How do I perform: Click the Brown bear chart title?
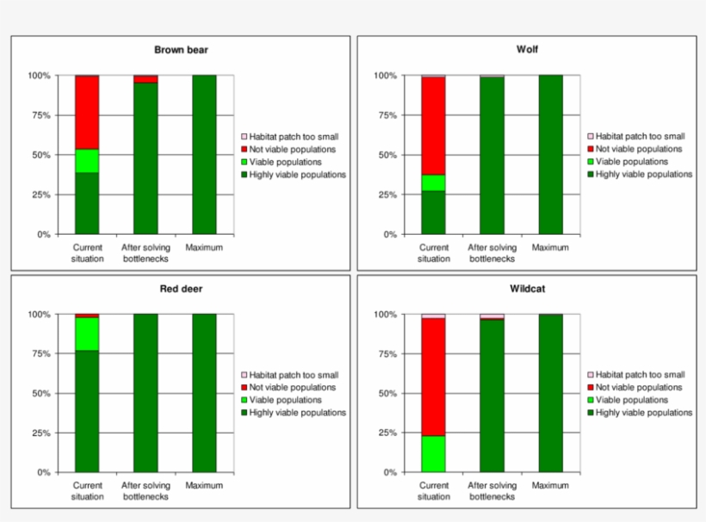(x=181, y=50)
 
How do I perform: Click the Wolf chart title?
(x=527, y=50)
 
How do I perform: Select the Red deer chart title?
(x=181, y=289)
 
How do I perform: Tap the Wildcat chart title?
(x=527, y=289)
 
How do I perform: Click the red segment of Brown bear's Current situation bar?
(x=87, y=112)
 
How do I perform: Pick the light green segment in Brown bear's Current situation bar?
(x=87, y=161)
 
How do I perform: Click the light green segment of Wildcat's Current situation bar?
(x=433, y=454)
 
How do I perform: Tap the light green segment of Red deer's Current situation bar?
(x=87, y=334)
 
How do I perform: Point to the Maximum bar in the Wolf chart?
(x=550, y=155)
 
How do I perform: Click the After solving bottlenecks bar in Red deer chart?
(x=146, y=393)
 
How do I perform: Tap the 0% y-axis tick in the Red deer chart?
(x=43, y=473)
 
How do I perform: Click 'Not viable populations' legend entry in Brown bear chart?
(x=292, y=149)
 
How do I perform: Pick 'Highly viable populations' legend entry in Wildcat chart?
(x=643, y=413)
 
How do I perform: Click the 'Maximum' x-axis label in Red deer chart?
(x=204, y=486)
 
